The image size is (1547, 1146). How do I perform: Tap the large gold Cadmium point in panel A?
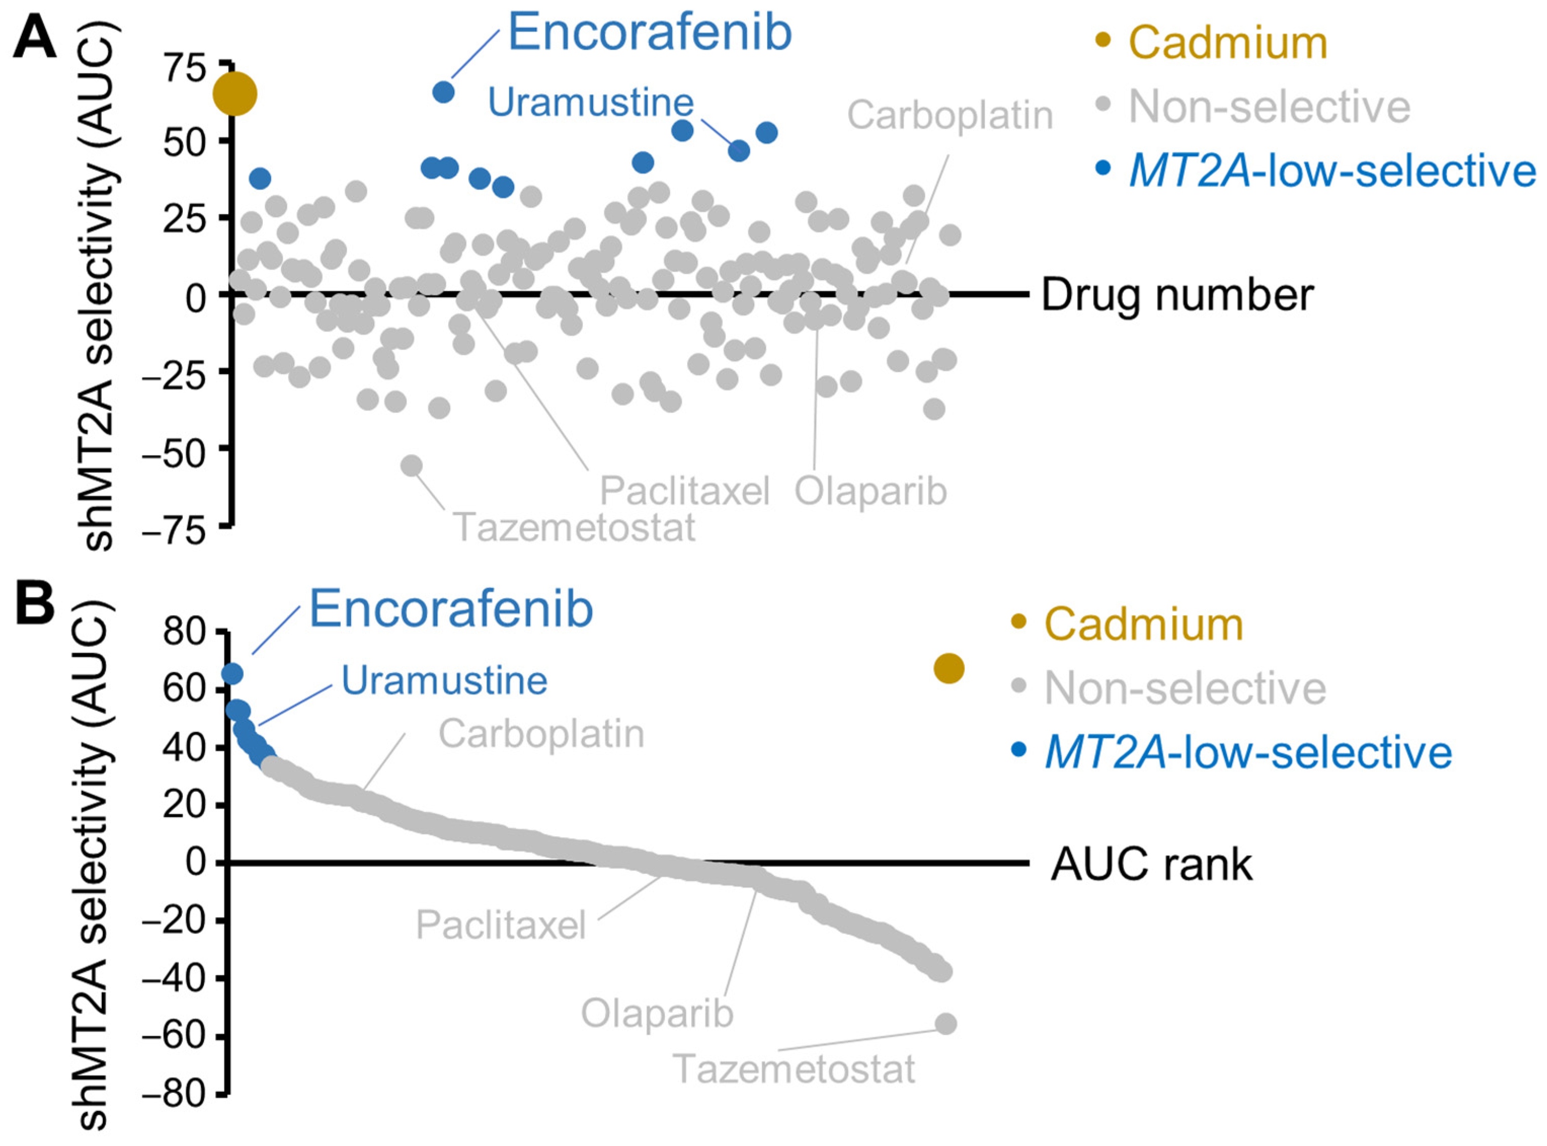(234, 94)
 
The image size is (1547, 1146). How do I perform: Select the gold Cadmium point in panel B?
(948, 668)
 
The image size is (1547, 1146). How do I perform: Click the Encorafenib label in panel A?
(649, 32)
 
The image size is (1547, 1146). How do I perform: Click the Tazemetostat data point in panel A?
(412, 465)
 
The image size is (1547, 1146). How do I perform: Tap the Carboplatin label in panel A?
(949, 114)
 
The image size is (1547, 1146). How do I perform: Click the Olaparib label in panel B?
(657, 1013)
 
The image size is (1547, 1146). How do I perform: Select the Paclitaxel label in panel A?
(685, 491)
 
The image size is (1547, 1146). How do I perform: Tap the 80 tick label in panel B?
(184, 631)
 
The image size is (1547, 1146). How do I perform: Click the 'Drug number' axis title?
(1177, 295)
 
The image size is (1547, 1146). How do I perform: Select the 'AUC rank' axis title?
(1151, 864)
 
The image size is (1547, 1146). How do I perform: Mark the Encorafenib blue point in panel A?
(443, 92)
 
